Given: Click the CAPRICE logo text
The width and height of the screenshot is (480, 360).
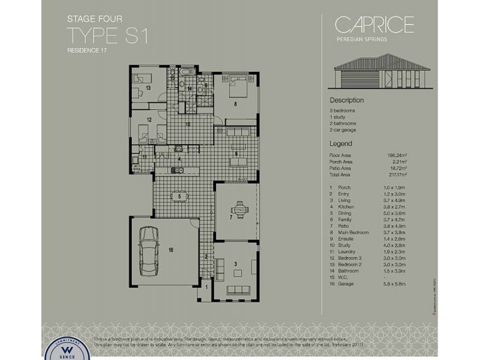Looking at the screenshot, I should point(374,25).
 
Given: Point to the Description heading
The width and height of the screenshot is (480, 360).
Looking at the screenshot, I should point(347,100).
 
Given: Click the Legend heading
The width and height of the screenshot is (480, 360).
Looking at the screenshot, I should point(341,144).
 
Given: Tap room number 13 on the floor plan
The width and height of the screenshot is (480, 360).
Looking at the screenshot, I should point(148,88).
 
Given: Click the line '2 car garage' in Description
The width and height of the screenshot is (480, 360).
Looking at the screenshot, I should point(343,130).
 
